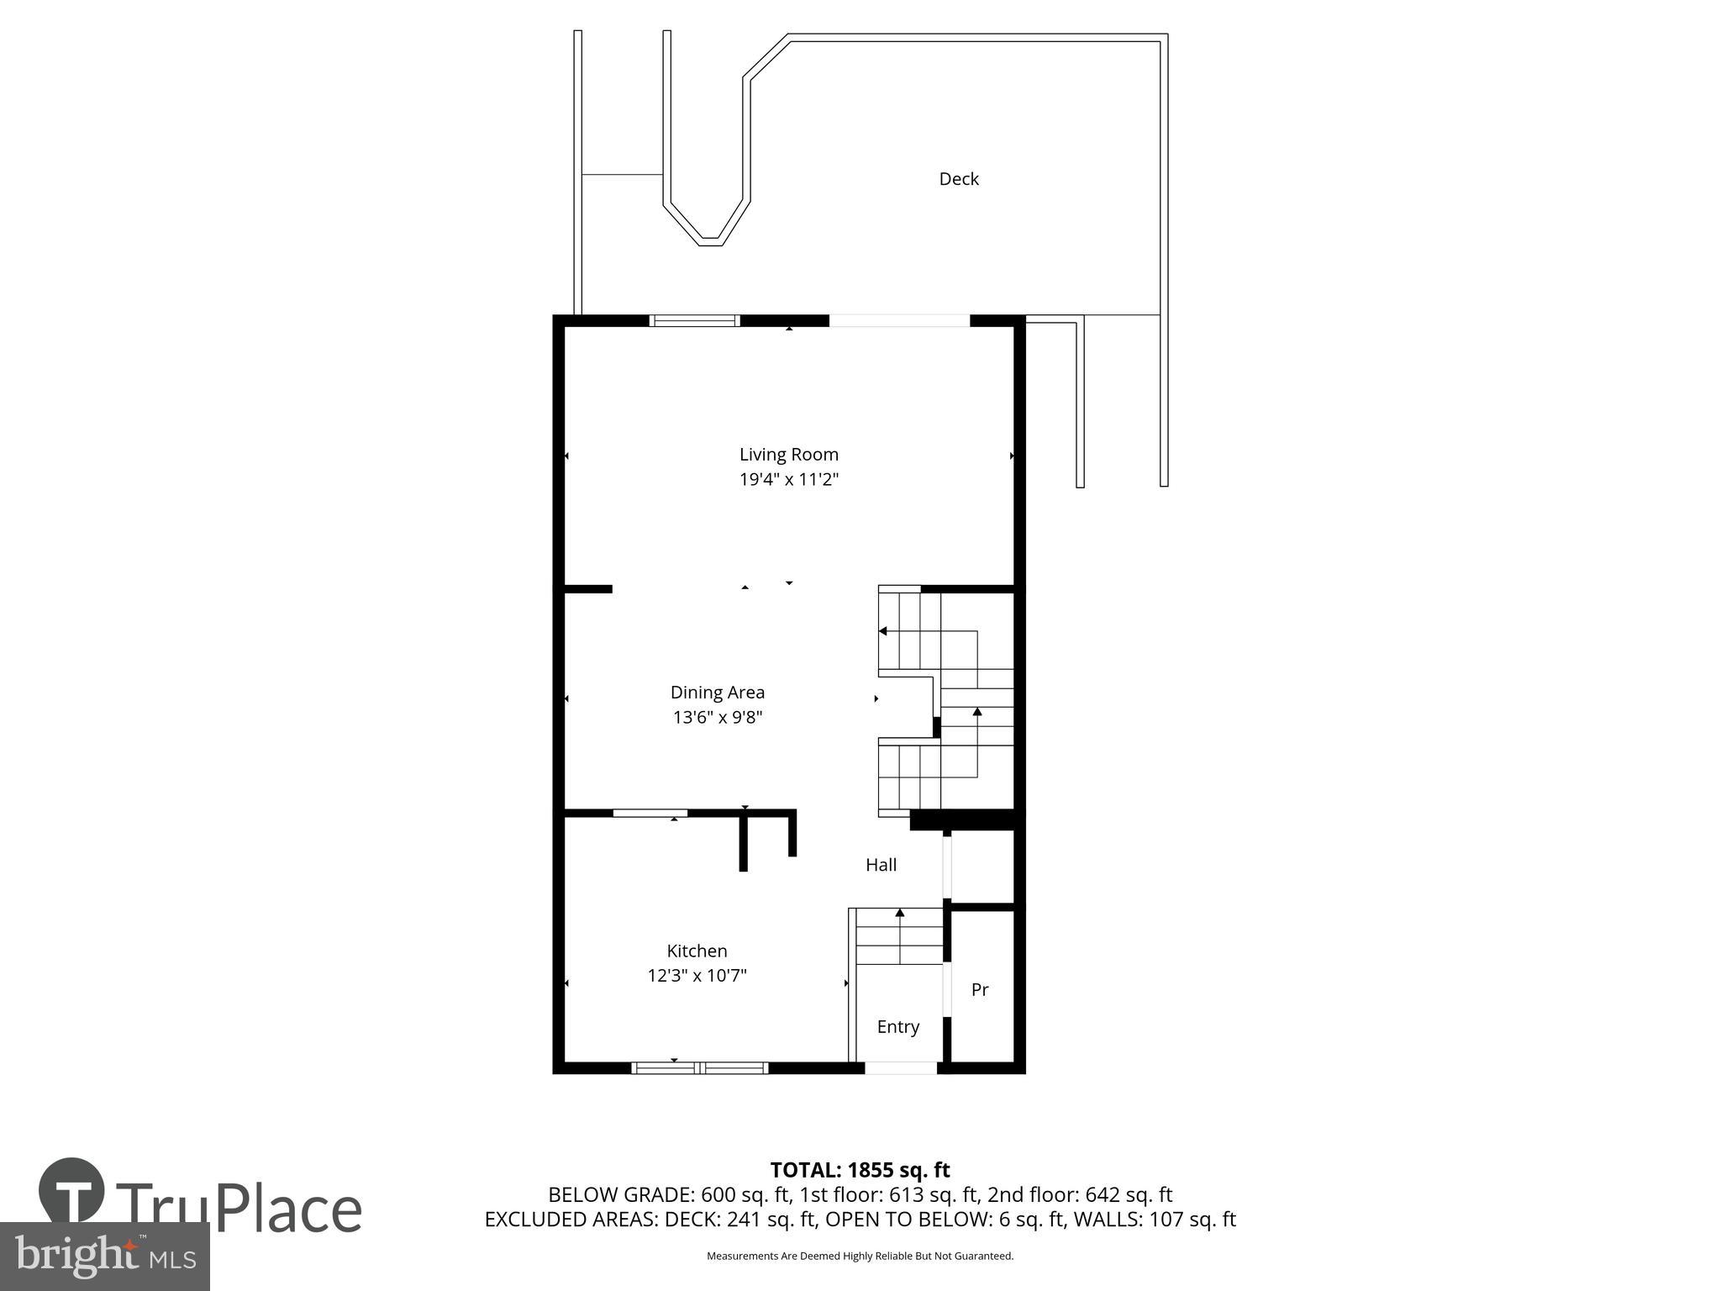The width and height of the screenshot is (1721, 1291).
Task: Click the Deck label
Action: (x=958, y=179)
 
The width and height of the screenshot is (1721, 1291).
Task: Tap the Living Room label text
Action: (x=788, y=455)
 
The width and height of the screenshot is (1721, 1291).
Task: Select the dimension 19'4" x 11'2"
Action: (x=788, y=480)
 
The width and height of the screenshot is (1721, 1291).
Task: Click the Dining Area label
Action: (x=717, y=693)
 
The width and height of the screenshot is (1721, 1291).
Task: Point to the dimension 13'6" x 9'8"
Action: (x=717, y=718)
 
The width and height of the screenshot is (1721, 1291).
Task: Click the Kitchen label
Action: (x=697, y=951)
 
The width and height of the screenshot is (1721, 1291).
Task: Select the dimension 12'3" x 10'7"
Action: (x=697, y=976)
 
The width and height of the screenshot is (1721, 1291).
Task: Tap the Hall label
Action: (x=881, y=865)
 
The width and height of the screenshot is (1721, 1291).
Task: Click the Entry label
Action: (x=897, y=1027)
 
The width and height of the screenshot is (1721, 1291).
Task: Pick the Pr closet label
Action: (x=979, y=990)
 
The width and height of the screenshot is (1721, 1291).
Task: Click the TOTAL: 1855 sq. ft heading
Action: (x=860, y=1170)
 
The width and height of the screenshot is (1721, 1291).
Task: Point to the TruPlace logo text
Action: (x=239, y=1209)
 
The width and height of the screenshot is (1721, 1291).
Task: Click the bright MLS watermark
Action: (x=104, y=1256)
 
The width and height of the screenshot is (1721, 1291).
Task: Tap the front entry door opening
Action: (x=901, y=1068)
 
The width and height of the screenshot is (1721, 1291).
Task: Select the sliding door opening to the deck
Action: (x=899, y=320)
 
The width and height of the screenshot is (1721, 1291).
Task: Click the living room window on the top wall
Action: (x=695, y=320)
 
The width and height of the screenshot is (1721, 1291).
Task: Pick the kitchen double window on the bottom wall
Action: (x=700, y=1068)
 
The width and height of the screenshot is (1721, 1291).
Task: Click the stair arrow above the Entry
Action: (x=900, y=913)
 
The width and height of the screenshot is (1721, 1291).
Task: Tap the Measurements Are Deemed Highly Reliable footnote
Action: (x=860, y=1256)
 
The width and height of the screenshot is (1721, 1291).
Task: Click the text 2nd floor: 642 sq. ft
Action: (x=1080, y=1194)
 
